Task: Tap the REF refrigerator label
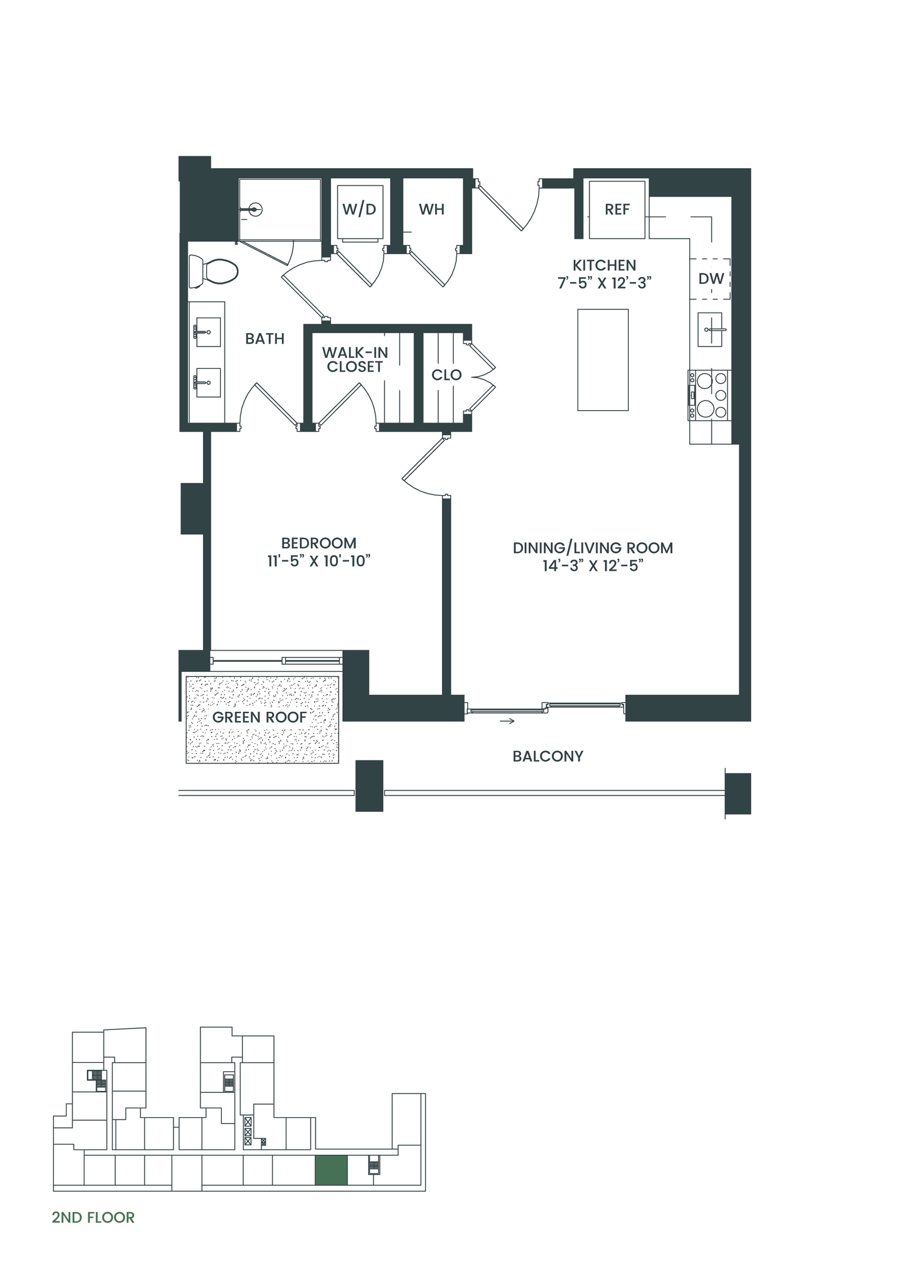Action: click(617, 210)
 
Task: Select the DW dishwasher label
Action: click(710, 279)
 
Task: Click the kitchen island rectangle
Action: click(603, 360)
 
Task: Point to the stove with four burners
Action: click(709, 395)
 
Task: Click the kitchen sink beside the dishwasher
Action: click(709, 329)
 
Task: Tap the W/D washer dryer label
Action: click(359, 209)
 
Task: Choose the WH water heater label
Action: click(431, 210)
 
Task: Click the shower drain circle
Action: click(256, 210)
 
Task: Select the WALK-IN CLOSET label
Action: click(355, 360)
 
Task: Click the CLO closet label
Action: click(446, 375)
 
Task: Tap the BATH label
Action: click(265, 339)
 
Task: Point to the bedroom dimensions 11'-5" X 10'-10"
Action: click(319, 561)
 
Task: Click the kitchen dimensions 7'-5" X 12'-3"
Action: click(604, 283)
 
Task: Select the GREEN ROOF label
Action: click(260, 717)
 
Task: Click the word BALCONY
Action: click(548, 756)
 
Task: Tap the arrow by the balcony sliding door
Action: click(507, 721)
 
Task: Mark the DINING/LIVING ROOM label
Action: click(593, 548)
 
